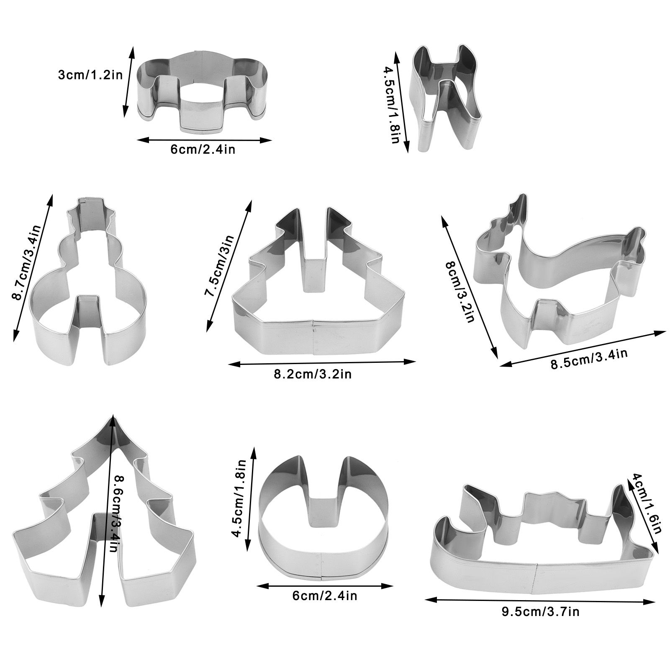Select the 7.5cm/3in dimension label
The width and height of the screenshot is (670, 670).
219,266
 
